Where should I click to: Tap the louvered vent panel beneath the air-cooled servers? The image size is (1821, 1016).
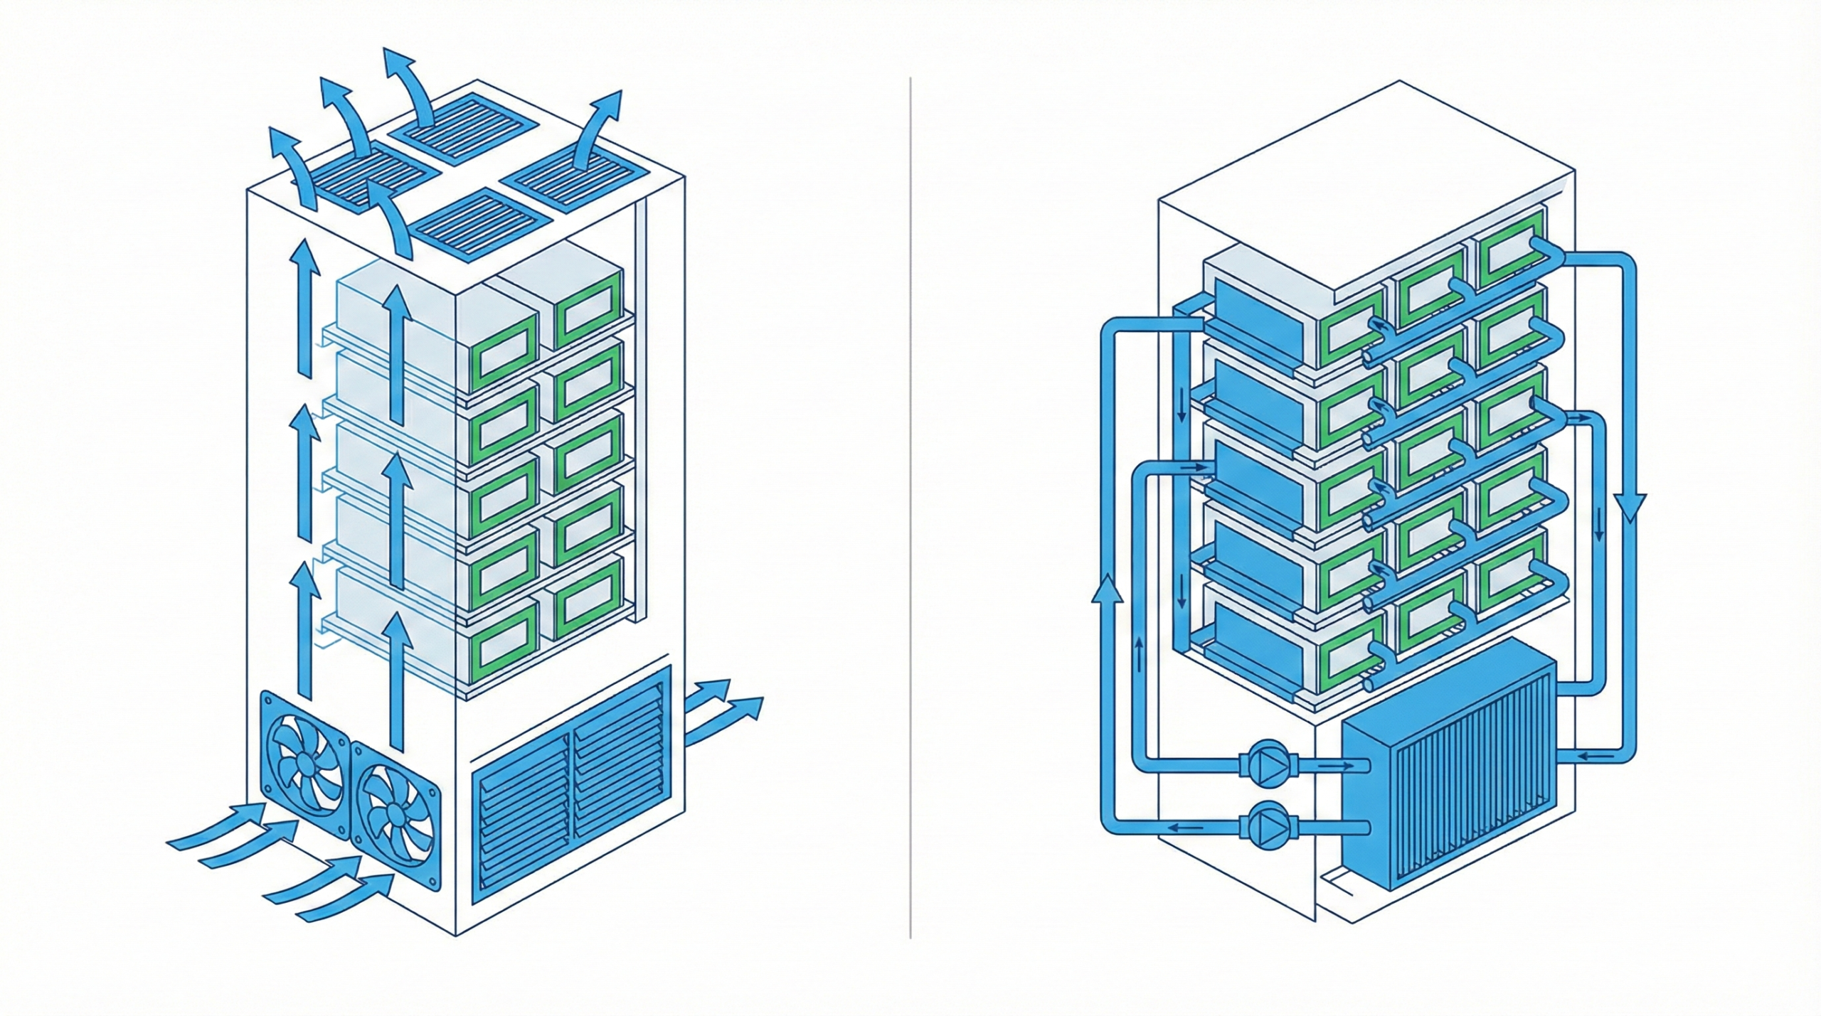click(573, 788)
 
